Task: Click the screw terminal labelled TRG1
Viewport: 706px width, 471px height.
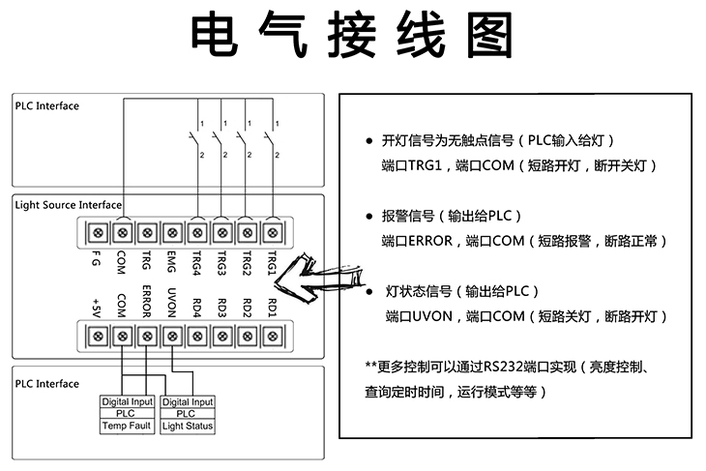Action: [x=273, y=232]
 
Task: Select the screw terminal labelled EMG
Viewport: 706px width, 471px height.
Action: [x=172, y=232]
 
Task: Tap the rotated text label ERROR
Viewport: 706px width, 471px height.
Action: [x=147, y=302]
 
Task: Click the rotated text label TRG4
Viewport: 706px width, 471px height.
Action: [x=197, y=264]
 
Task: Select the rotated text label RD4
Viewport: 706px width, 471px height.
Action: [x=197, y=307]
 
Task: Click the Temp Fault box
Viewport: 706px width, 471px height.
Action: [x=128, y=426]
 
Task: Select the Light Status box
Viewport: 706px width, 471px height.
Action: [x=188, y=426]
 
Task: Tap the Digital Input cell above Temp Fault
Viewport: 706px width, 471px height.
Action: [x=128, y=401]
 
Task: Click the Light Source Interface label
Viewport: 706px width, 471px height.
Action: [x=68, y=205]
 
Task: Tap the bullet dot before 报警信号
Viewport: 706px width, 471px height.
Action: [x=369, y=216]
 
